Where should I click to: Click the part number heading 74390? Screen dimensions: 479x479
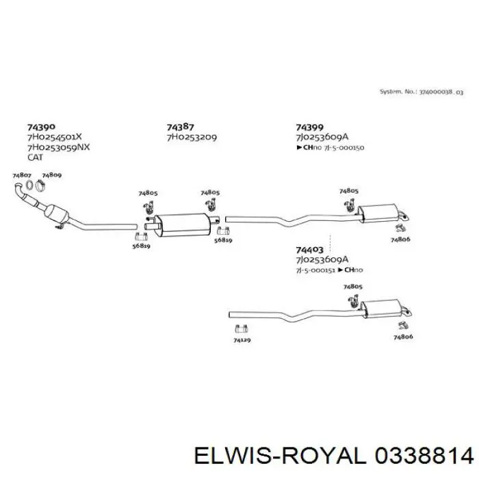click(41, 127)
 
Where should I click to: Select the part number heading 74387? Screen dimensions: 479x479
click(181, 127)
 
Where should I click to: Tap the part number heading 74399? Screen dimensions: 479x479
click(309, 127)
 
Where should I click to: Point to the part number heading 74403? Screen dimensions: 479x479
click(309, 250)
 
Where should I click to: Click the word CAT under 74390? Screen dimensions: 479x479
click(35, 157)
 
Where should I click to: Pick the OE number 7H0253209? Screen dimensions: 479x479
click(192, 137)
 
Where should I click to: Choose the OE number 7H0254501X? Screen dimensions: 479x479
click(55, 137)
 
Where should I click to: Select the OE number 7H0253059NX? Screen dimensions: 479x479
click(58, 147)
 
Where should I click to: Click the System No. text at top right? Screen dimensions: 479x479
click(421, 91)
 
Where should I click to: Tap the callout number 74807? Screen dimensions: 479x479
click(23, 176)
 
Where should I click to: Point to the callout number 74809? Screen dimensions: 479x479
click(52, 176)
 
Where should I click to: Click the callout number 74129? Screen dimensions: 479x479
click(242, 340)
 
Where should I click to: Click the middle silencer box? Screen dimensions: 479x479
click(182, 223)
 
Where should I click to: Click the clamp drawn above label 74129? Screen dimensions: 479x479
click(242, 327)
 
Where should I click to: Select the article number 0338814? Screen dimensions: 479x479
click(426, 455)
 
